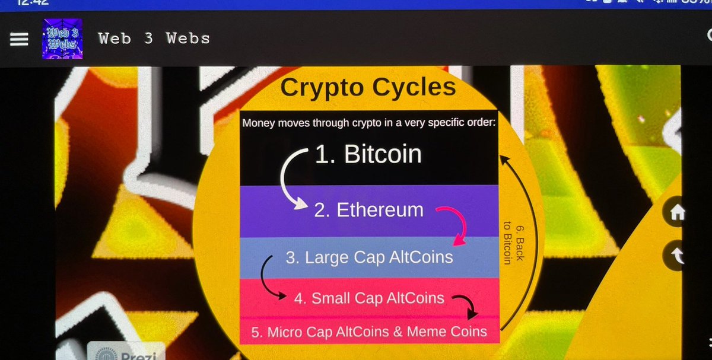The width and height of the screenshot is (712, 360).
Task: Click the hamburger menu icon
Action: click(19, 39)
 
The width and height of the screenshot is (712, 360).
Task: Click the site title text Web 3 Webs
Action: click(154, 39)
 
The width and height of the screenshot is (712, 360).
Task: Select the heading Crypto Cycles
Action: click(368, 88)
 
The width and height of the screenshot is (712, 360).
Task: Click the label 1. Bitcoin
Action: click(368, 155)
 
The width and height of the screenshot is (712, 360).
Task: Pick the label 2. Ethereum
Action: click(369, 210)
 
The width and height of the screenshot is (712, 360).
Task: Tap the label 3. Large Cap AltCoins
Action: click(369, 257)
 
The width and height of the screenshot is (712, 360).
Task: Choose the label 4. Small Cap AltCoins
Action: click(369, 298)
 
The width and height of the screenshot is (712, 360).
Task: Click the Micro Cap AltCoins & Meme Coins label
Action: click(369, 332)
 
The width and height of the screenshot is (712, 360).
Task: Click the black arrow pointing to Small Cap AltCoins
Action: click(271, 279)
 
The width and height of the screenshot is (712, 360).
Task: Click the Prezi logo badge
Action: click(126, 352)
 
